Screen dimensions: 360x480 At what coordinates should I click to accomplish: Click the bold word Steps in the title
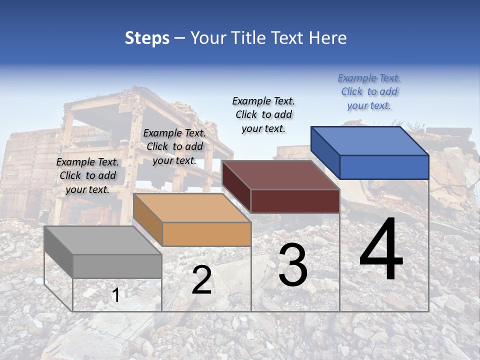coord(147,38)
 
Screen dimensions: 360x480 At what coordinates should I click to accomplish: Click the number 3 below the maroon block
coord(293,265)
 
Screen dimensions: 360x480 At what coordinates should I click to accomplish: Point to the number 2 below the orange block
coord(202,280)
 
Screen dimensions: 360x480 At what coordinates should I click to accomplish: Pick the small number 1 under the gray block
coord(115,295)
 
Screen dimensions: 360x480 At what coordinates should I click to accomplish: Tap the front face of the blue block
coord(384,167)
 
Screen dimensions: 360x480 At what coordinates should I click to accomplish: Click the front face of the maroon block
coord(295,201)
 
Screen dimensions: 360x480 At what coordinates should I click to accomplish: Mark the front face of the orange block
coord(206,234)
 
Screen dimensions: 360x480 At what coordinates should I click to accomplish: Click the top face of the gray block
coord(103,240)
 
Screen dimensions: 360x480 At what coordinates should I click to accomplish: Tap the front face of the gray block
coord(117,266)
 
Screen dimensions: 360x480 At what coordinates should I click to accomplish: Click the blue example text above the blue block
coord(369,91)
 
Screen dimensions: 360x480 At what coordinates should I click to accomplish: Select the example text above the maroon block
coord(263,114)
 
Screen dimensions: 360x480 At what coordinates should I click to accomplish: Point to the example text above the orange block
coord(174,146)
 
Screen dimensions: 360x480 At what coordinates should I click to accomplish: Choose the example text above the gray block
coord(87,175)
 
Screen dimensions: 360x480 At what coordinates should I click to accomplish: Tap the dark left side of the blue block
coord(325,152)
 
